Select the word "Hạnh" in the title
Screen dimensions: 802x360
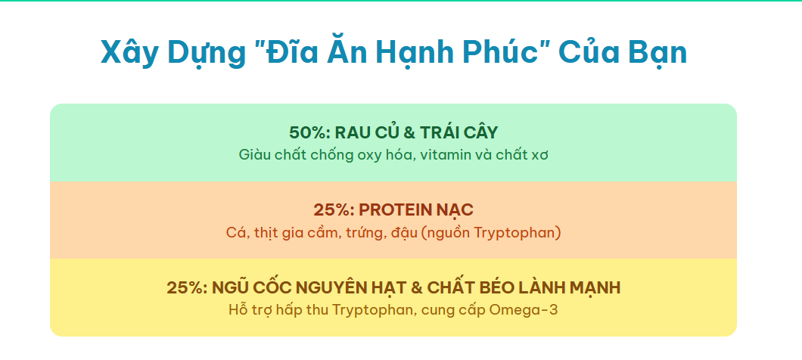(x=414, y=52)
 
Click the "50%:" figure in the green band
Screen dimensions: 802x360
(x=309, y=133)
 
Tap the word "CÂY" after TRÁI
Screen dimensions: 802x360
(x=480, y=132)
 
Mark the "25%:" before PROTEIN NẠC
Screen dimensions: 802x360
(x=334, y=210)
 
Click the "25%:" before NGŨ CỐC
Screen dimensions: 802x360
(x=187, y=288)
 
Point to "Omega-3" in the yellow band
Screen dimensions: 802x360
(x=524, y=310)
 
